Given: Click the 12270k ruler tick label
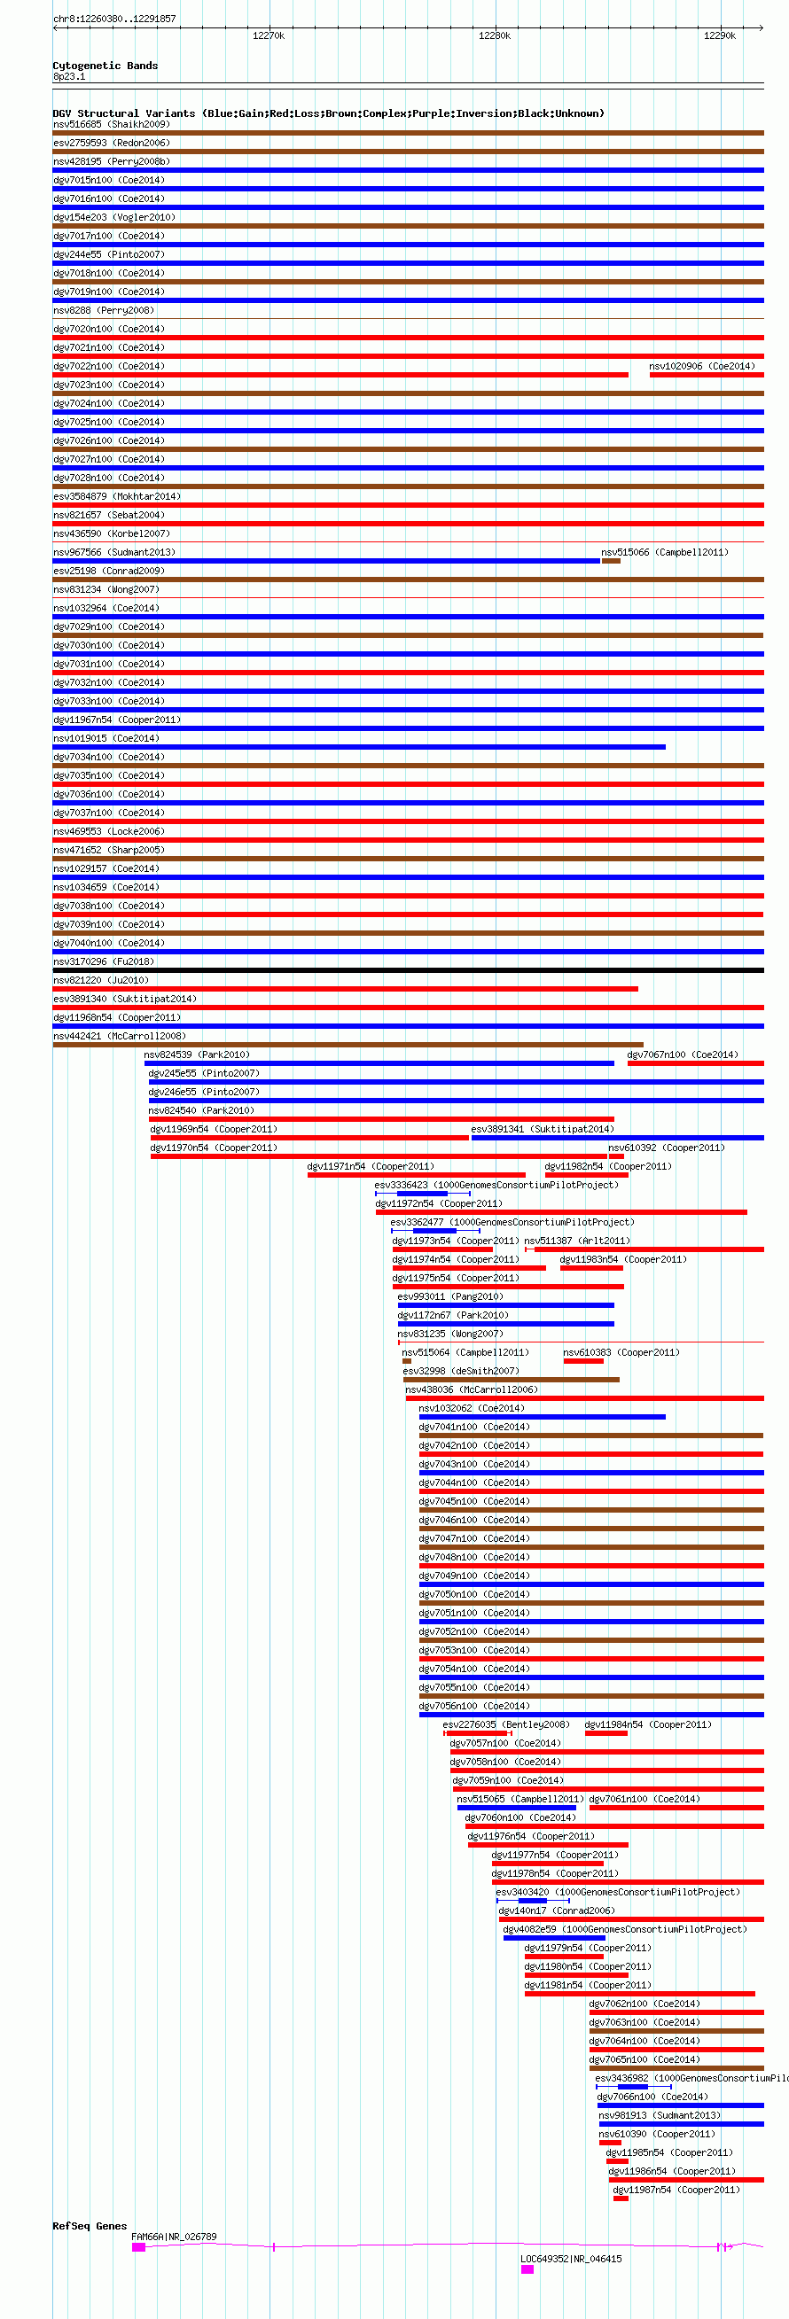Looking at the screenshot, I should (269, 36).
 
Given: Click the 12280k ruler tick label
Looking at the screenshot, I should (495, 36).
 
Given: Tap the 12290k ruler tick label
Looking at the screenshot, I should (720, 36).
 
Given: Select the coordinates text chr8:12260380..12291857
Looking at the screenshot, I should (114, 19).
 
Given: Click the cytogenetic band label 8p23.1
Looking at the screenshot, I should (69, 76).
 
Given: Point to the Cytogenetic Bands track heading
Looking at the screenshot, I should (105, 66).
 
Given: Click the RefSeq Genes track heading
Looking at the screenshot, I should (90, 2226).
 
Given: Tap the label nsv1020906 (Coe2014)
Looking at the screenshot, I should (701, 366).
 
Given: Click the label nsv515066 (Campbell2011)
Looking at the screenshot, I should (665, 552).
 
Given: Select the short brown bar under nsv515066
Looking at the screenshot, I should (611, 561).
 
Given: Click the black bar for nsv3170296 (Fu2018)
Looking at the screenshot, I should (408, 970).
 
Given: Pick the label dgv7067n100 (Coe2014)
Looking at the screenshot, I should (682, 1054).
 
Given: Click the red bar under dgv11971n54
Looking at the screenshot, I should (416, 1175).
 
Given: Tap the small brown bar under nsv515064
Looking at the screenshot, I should (407, 1361).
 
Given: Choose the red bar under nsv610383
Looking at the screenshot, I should (582, 1361).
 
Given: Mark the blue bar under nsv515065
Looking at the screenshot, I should (516, 1808).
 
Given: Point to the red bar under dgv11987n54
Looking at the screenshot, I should (621, 2198).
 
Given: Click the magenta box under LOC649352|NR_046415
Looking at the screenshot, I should (527, 2269).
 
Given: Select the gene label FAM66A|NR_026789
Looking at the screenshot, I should (174, 2237).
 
